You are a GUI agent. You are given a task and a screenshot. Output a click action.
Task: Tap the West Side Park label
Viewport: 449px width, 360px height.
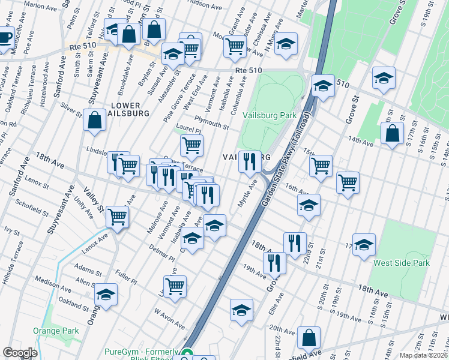point(402,263)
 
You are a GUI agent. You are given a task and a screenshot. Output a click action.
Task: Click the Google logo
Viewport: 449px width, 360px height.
point(20,353)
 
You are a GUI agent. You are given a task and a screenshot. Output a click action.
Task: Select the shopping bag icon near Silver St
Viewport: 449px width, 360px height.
point(95,120)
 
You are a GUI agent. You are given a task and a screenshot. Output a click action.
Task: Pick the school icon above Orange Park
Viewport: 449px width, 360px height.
point(106,295)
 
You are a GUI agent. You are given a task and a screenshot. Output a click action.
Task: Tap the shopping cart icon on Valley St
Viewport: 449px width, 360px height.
point(117,217)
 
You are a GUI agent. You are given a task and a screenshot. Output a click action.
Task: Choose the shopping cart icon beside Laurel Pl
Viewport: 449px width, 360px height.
point(191,145)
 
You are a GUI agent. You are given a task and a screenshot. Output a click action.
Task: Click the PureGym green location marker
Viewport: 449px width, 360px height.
point(187,354)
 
